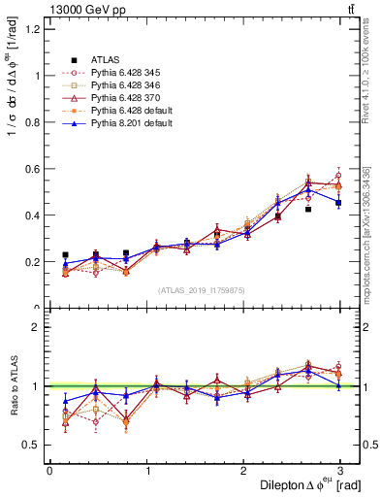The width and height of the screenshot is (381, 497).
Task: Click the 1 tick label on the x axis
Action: click(x=147, y=471)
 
